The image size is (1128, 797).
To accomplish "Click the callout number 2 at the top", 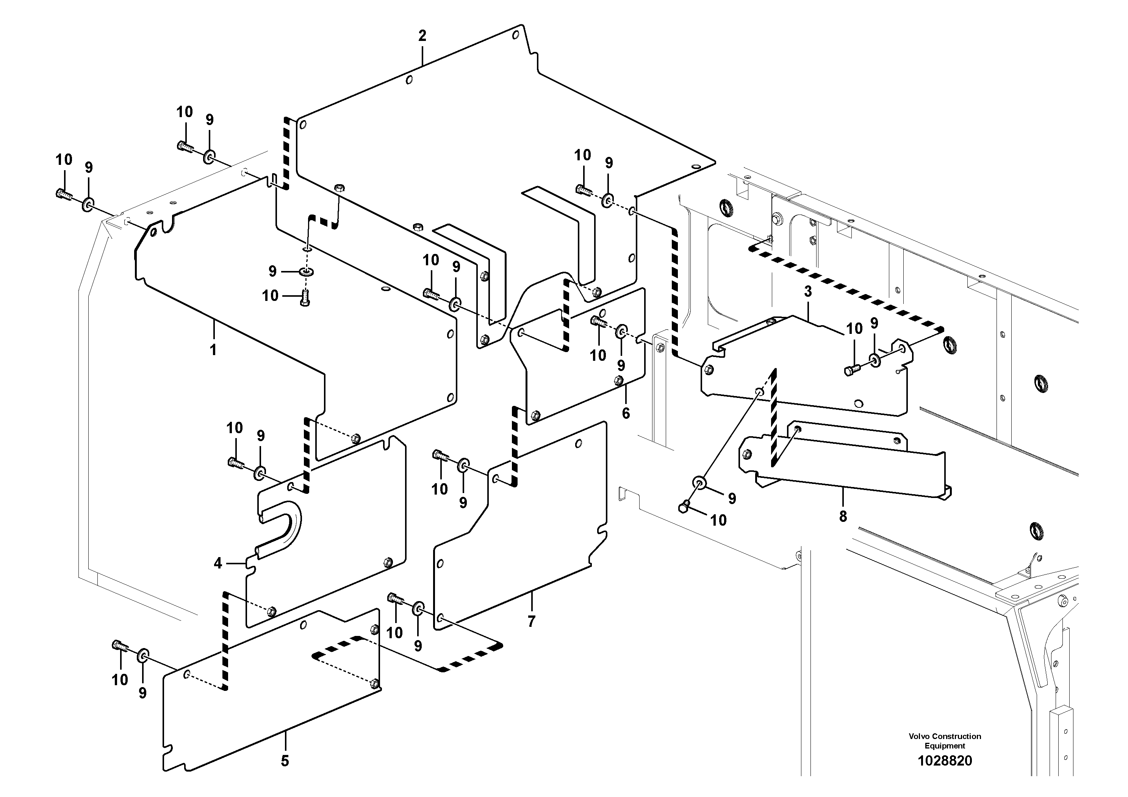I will tap(422, 36).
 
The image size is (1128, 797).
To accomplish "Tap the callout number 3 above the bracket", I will tap(808, 292).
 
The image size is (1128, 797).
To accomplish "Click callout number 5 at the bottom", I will tap(285, 761).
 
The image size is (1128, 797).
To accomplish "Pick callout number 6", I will tap(626, 413).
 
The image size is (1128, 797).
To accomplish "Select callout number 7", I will tap(531, 622).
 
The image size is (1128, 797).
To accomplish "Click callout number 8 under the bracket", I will tap(843, 517).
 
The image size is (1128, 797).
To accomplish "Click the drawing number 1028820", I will tap(945, 761).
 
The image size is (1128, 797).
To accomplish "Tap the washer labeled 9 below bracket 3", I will tap(699, 483).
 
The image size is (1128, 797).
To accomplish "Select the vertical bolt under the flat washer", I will tap(305, 298).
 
